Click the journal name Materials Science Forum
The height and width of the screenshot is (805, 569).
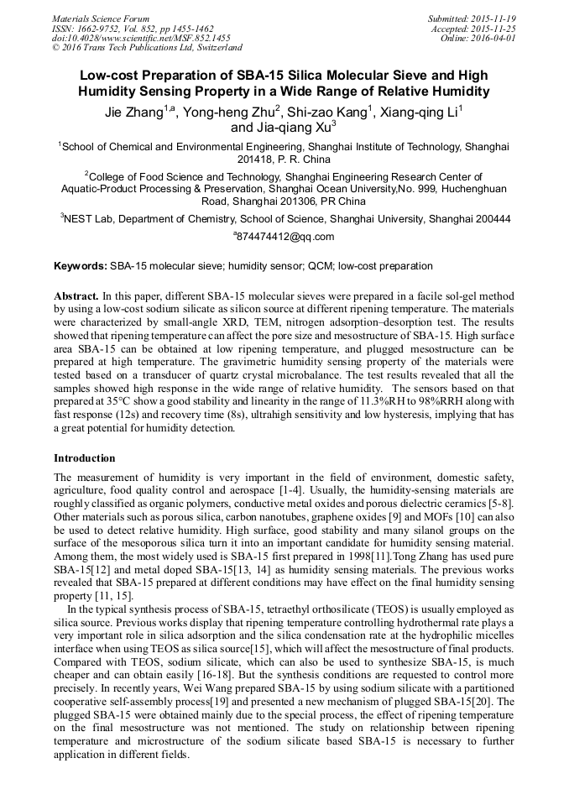101,18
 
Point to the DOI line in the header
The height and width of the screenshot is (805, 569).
141,38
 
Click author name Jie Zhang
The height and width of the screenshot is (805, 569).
133,113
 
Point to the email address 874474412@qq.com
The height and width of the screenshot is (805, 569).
285,237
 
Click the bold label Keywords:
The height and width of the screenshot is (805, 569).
81,266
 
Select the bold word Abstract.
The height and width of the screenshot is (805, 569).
76,297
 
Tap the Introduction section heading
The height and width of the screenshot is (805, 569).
85,458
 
